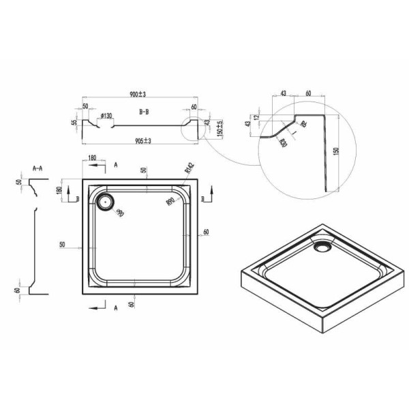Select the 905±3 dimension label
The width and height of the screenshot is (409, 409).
(x=144, y=140)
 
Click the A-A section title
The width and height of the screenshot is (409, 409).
(x=39, y=167)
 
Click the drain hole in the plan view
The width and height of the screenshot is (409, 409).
(x=106, y=200)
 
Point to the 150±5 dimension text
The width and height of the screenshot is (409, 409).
(x=219, y=128)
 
